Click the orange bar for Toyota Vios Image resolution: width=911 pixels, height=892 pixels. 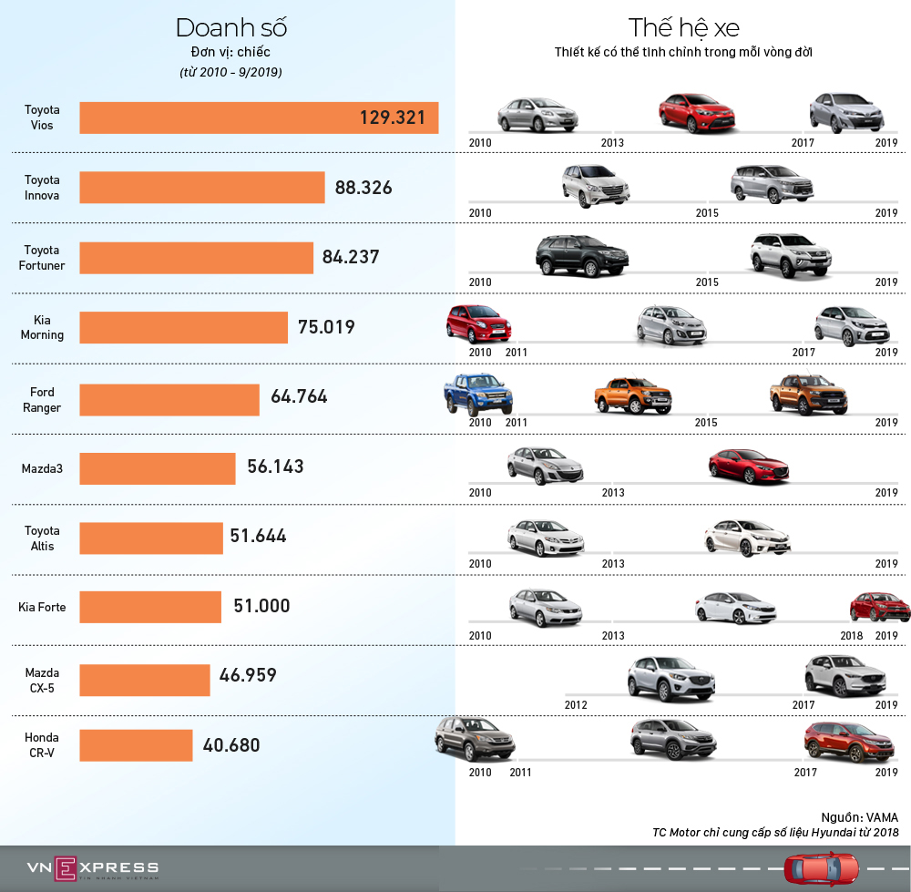(x=259, y=118)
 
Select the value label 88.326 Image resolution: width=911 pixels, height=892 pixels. (x=363, y=188)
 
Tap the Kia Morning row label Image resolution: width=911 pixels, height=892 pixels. (x=42, y=328)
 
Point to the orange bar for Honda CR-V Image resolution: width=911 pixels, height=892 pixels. (x=136, y=745)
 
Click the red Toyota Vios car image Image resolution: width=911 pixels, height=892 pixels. (x=698, y=113)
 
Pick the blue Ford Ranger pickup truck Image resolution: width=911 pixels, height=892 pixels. (x=477, y=395)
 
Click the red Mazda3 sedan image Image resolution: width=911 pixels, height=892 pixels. (x=749, y=466)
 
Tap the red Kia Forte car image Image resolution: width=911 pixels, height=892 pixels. (x=879, y=607)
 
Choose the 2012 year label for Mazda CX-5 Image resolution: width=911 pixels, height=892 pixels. (x=576, y=705)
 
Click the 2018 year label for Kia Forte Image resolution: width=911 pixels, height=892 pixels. (x=852, y=635)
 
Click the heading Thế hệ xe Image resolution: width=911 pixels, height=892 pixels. (x=682, y=27)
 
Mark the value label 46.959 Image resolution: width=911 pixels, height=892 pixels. (x=248, y=675)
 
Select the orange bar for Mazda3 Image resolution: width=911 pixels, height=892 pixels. (x=158, y=467)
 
